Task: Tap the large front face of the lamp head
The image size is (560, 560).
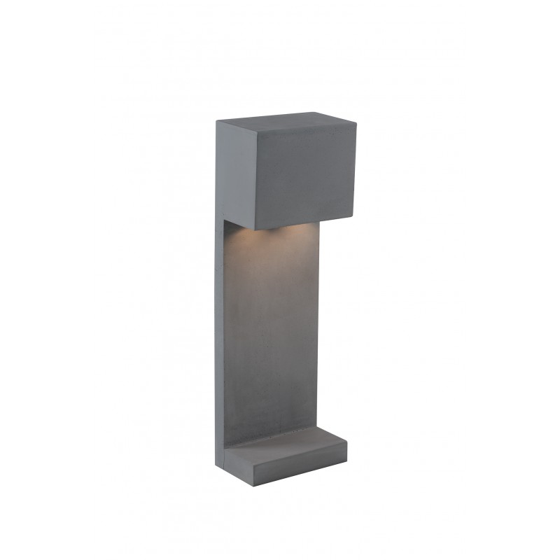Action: [x=304, y=178]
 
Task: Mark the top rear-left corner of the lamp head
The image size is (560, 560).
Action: [x=217, y=120]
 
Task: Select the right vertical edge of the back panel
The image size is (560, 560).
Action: [x=320, y=329]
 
